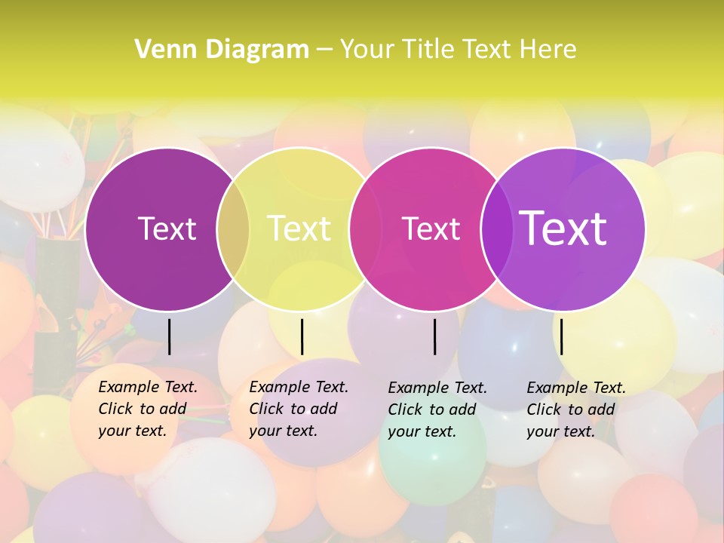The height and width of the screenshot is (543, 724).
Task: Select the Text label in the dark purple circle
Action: [x=167, y=229]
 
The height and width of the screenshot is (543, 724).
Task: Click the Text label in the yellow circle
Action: [x=299, y=229]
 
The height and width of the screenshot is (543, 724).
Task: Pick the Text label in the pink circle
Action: [x=431, y=229]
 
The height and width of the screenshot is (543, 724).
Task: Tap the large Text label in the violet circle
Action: [x=563, y=228]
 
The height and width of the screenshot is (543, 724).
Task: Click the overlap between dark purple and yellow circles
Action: [x=233, y=229]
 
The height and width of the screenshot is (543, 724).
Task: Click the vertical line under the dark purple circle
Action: [x=170, y=336]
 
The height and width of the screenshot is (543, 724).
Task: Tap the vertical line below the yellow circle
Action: [x=302, y=336]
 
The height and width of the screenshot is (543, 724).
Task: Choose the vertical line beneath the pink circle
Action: [x=435, y=336]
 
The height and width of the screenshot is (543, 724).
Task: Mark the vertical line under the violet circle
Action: [x=562, y=336]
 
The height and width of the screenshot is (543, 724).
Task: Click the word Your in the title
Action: [x=367, y=49]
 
